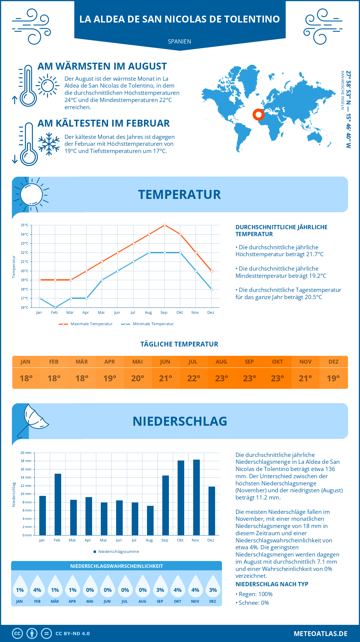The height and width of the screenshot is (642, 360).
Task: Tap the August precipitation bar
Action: [150, 520]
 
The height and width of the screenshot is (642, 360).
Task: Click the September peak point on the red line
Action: [165, 225]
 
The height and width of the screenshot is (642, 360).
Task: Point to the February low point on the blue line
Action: [55, 307]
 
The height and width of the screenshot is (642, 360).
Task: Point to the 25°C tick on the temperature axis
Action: [25, 225]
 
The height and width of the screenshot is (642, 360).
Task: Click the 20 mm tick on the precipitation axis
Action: [26, 453]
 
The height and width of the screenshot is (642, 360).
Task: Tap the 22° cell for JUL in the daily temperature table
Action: [193, 378]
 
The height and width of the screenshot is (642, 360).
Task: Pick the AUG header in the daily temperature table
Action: [221, 362]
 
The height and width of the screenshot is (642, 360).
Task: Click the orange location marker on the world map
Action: [258, 114]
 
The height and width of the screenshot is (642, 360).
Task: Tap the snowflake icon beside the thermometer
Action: [49, 144]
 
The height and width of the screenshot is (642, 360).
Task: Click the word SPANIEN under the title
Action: [179, 41]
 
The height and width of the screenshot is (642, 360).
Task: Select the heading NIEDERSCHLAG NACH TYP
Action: [271, 584]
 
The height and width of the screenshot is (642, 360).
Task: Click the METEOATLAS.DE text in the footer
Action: [320, 634]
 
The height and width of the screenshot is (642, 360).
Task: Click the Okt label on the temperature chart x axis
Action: [179, 313]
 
